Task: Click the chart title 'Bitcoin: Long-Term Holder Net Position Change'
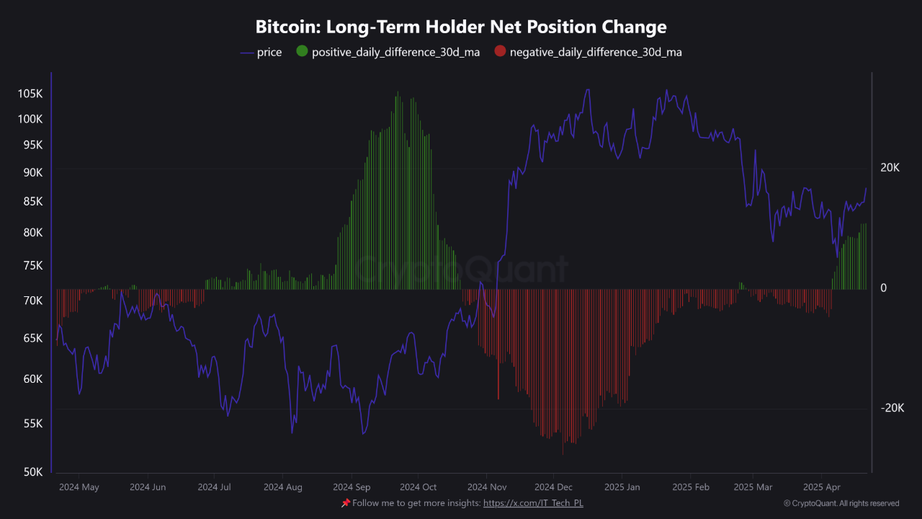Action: point(461,27)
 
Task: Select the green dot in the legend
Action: point(302,52)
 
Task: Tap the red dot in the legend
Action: point(500,52)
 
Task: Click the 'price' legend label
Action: point(269,53)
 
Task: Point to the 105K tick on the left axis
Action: point(30,94)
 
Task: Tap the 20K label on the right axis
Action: point(890,168)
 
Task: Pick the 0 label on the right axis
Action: point(884,288)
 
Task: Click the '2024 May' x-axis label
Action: point(79,487)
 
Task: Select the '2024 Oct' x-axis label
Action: point(418,487)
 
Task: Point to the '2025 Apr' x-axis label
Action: point(822,487)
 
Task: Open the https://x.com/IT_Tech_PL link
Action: point(533,503)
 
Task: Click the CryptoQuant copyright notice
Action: point(841,504)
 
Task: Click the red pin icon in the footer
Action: point(346,502)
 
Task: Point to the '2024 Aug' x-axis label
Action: point(283,487)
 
